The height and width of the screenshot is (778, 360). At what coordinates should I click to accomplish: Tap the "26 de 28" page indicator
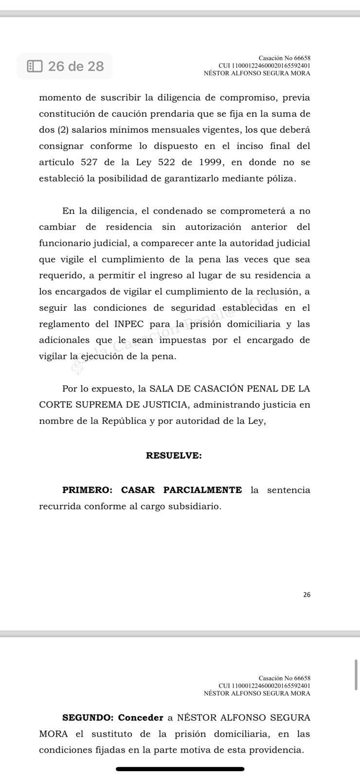click(x=75, y=66)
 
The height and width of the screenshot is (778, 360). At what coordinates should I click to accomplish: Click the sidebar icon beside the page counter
click(x=35, y=66)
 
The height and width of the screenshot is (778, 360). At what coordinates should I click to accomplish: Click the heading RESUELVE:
click(x=174, y=456)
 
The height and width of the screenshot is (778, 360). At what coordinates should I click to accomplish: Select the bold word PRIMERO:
click(x=87, y=490)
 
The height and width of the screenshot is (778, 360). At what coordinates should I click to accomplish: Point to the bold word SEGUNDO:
click(x=88, y=718)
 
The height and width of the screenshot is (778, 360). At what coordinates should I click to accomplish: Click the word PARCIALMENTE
click(x=202, y=490)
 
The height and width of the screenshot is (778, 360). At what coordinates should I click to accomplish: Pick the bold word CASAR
click(x=138, y=490)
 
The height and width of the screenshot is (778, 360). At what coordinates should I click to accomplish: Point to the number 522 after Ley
click(x=166, y=162)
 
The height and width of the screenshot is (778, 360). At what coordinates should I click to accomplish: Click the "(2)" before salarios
click(x=64, y=130)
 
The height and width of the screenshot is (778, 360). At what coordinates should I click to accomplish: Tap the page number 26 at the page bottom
click(x=306, y=595)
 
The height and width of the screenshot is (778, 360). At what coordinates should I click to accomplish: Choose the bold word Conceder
click(x=141, y=718)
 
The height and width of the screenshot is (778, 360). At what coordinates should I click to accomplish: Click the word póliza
click(x=279, y=178)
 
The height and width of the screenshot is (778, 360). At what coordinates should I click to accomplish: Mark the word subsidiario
click(x=195, y=506)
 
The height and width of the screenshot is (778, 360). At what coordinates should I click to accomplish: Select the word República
click(x=124, y=421)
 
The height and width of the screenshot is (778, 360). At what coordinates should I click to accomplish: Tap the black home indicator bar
click(x=180, y=769)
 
